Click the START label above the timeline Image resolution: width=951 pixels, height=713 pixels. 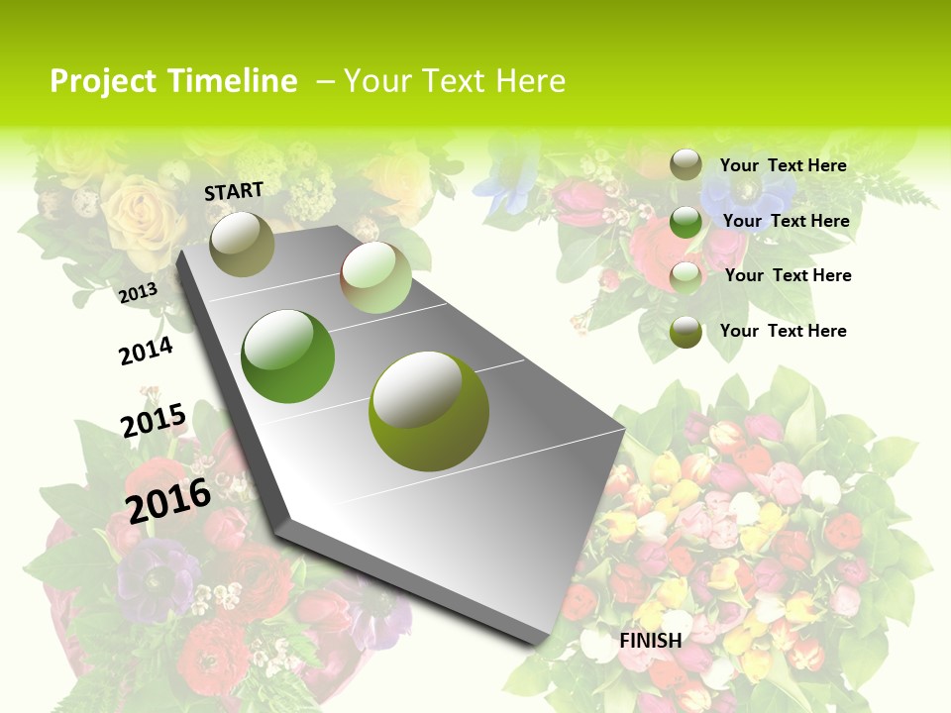(x=234, y=191)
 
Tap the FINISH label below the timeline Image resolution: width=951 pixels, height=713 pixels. (x=651, y=641)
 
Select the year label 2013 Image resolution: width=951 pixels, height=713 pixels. (x=138, y=292)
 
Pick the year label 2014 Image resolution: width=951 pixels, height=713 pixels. (x=146, y=351)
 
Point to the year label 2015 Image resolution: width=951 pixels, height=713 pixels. (x=154, y=420)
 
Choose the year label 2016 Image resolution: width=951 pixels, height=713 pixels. (x=168, y=500)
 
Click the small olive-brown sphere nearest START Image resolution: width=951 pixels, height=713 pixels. (x=242, y=244)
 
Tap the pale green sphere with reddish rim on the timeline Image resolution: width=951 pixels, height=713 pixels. (x=375, y=277)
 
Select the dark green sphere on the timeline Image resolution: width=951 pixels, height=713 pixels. (x=288, y=356)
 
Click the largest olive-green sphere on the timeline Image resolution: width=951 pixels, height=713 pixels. (x=429, y=410)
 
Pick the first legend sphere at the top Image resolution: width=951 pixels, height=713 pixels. (x=686, y=164)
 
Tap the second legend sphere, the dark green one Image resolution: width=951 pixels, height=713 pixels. (x=686, y=221)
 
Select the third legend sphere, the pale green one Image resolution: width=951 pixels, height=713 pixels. (x=686, y=277)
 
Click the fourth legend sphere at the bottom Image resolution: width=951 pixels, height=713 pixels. (x=686, y=332)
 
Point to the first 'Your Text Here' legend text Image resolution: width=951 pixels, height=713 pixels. (x=783, y=165)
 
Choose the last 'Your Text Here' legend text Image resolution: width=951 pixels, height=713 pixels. (x=783, y=331)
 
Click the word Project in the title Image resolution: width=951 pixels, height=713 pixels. (x=103, y=81)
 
